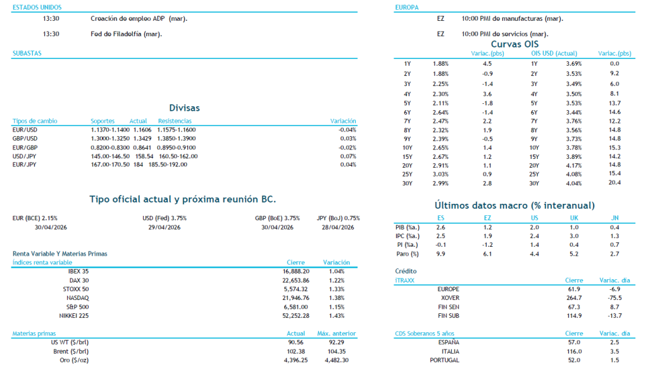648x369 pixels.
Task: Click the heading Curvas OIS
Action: coord(514,44)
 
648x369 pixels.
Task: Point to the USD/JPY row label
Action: coord(25,156)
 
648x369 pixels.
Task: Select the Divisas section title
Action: coord(184,108)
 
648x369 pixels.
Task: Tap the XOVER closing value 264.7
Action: coord(574,297)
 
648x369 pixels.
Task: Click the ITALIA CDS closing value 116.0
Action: coord(574,351)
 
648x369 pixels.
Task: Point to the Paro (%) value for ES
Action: coord(440,254)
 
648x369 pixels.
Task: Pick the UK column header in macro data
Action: coord(574,218)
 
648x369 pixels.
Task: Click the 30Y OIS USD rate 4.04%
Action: coord(573,183)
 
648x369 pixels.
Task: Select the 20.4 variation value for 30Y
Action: coord(614,183)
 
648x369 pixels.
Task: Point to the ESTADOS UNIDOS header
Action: coord(32,7)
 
